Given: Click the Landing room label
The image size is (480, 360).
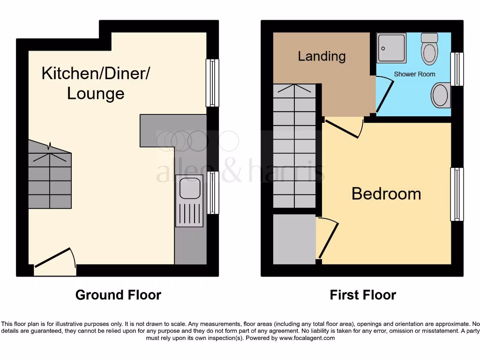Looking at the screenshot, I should click(322, 56).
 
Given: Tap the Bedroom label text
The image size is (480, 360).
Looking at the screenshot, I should click(386, 194).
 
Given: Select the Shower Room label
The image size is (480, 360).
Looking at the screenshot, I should click(414, 74).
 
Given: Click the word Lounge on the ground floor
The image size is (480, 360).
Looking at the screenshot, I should click(96, 93).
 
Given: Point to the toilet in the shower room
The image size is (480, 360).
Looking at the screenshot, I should click(429, 49).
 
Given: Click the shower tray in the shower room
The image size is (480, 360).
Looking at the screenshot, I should click(392, 48).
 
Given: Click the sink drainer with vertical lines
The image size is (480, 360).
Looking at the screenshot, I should click(190, 214).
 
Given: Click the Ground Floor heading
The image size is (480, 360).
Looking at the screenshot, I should click(118, 295).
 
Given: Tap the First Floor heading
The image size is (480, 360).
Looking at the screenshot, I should click(363, 295).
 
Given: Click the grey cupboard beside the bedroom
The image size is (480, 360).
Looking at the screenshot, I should click(294, 239).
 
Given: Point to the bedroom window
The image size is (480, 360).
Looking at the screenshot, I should click(457, 194).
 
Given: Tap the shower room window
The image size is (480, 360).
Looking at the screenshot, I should click(457, 69).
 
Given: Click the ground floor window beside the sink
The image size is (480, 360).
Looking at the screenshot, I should click(213, 193).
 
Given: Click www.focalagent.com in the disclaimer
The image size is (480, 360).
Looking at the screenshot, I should click(307, 338).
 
